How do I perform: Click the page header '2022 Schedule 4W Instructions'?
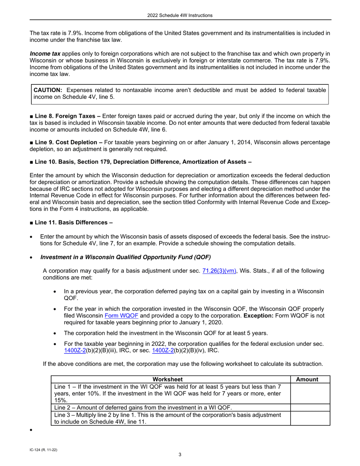[x=180, y=16]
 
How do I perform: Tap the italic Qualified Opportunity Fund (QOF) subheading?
[x=125, y=257]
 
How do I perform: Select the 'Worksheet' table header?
[x=167, y=379]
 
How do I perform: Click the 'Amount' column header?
[x=307, y=379]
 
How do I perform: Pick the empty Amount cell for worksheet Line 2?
[x=310, y=408]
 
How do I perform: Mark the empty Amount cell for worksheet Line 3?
[x=310, y=419]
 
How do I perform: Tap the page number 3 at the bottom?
[x=180, y=455]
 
